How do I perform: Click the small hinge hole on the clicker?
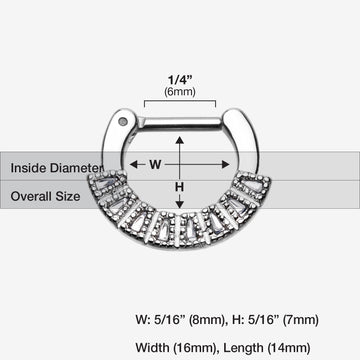151,123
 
